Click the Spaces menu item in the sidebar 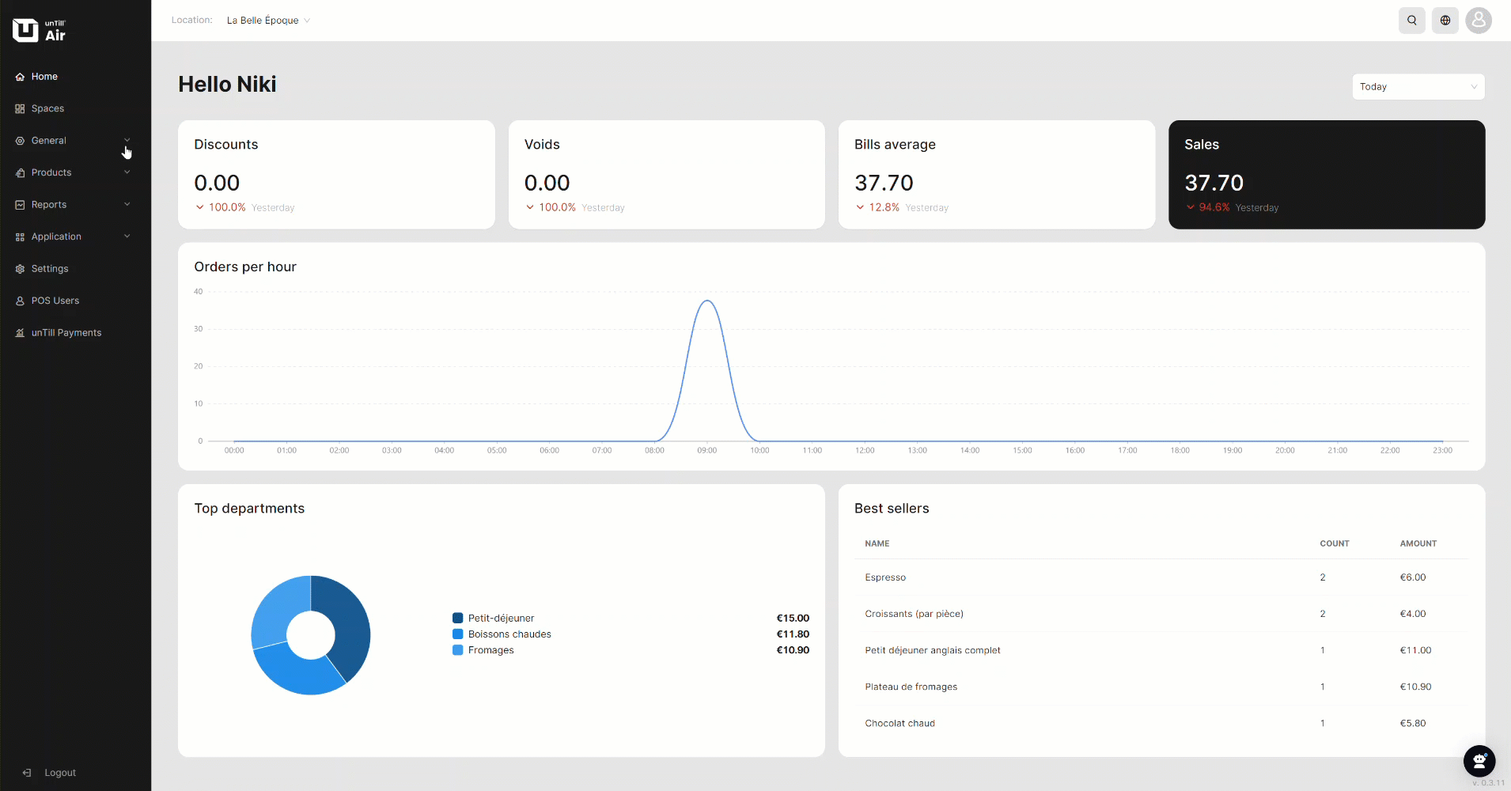47,108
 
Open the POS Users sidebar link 55,301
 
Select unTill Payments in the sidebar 66,333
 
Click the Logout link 59,773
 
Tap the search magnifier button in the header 1411,21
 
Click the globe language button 1445,21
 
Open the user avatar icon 1479,21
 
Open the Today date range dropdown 1418,87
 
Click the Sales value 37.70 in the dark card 1214,183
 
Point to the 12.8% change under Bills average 884,207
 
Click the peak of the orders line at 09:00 707,301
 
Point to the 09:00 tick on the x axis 707,451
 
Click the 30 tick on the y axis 199,329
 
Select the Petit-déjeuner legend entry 501,619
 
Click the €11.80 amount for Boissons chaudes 793,634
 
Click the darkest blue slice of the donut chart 348,625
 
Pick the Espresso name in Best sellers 885,577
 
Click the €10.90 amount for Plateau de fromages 1415,687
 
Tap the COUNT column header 1335,543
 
